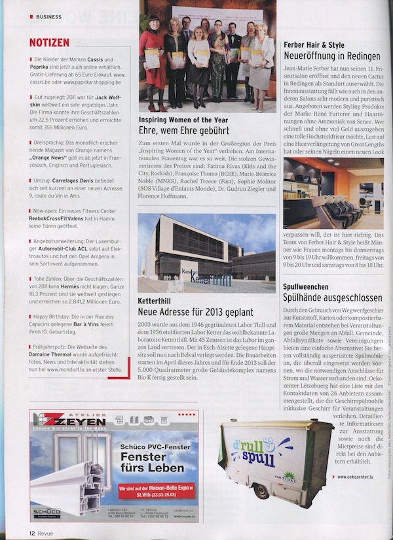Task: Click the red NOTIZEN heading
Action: pyautogui.click(x=50, y=42)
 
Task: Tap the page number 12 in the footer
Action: pyautogui.click(x=31, y=533)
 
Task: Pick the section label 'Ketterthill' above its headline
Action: pyautogui.click(x=157, y=301)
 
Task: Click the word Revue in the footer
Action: pyautogui.click(x=47, y=533)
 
